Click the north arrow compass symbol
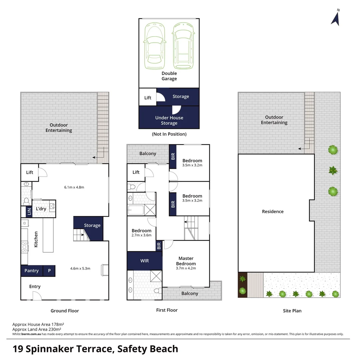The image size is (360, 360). pos(335,18)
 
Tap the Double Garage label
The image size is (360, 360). pos(169,76)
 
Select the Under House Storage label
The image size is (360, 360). pos(169,120)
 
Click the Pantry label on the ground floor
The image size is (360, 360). pos(31,271)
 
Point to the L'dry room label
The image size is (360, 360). pos(41,209)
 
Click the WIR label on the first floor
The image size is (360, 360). pos(144,261)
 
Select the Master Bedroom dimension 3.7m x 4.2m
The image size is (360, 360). pos(186,268)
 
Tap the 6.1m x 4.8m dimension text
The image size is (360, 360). pos(74,187)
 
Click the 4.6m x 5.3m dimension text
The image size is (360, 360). pos(80,268)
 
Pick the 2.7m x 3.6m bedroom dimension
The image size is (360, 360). pos(141,235)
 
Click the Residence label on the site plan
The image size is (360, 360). pos(273,211)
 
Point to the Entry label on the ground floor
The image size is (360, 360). pos(35,286)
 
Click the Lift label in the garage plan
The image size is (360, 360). pos(148,98)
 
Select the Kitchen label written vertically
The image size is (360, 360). pos(36,239)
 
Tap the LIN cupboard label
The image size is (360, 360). pos(29,211)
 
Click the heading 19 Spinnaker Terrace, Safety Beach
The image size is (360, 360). pos(95,349)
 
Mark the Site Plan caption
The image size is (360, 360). pos(292,311)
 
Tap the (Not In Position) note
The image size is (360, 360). pos(169,134)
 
